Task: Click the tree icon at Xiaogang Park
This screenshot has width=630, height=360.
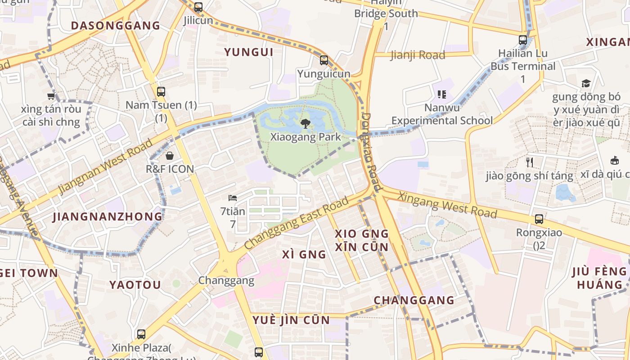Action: (x=305, y=124)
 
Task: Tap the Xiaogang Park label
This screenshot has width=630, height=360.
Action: (x=306, y=137)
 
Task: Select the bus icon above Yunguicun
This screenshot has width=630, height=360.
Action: (x=324, y=60)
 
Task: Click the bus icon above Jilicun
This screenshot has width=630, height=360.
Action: (x=198, y=7)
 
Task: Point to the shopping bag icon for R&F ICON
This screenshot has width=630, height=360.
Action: (x=170, y=156)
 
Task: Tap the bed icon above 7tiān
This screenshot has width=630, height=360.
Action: (x=233, y=198)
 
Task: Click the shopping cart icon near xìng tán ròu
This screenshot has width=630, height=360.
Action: (x=51, y=96)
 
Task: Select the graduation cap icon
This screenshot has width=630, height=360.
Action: (x=585, y=83)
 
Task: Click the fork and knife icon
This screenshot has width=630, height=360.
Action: (x=530, y=162)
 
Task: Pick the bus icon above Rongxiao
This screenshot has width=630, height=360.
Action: (x=539, y=219)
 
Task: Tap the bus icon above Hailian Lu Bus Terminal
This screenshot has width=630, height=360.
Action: (x=523, y=40)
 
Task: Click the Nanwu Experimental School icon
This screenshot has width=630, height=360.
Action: (x=441, y=94)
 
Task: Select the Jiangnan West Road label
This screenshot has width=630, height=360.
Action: (x=105, y=167)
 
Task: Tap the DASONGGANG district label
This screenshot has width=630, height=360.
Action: (x=116, y=25)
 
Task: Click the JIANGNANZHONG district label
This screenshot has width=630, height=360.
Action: (x=108, y=216)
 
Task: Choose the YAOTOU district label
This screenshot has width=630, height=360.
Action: (x=135, y=285)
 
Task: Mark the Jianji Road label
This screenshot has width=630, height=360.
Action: (x=418, y=55)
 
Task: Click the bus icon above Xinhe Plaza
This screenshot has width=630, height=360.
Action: (x=141, y=334)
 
